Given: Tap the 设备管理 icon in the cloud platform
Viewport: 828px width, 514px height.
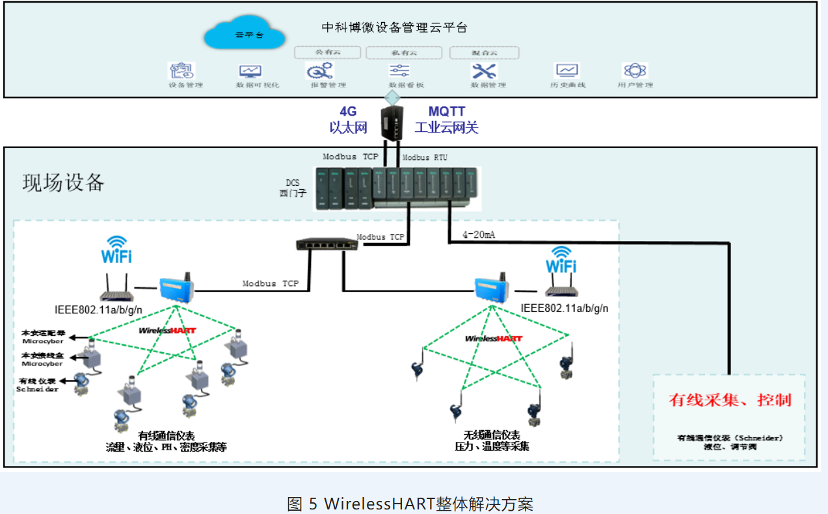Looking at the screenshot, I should pyautogui.click(x=181, y=70).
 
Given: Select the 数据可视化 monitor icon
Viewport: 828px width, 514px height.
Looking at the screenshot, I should pyautogui.click(x=250, y=71).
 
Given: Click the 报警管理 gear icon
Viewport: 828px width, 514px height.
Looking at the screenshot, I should pyautogui.click(x=319, y=70).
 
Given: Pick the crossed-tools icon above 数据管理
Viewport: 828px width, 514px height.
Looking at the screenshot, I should pyautogui.click(x=484, y=70).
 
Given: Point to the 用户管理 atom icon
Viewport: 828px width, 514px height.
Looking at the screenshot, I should pyautogui.click(x=635, y=70).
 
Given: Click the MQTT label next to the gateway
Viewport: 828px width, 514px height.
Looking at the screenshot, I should pyautogui.click(x=446, y=112).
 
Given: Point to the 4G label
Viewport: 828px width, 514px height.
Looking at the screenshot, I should pyautogui.click(x=348, y=112).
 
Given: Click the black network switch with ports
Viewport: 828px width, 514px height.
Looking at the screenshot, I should pyautogui.click(x=327, y=244).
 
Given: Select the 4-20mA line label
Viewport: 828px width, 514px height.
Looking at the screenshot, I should pyautogui.click(x=478, y=235).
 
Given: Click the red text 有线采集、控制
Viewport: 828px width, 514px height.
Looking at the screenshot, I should pyautogui.click(x=730, y=399).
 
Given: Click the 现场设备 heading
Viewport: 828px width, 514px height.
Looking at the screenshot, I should pyautogui.click(x=63, y=183).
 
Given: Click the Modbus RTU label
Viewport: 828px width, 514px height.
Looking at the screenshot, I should pyautogui.click(x=425, y=157).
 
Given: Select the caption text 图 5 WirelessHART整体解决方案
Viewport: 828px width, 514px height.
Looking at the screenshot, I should pyautogui.click(x=410, y=503).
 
